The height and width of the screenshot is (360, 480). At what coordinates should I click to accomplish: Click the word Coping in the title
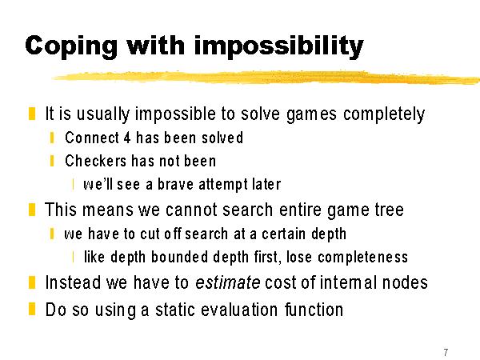click(71, 46)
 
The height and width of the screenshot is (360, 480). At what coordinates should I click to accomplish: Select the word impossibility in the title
click(278, 46)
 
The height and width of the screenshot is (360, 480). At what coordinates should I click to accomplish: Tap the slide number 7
click(446, 352)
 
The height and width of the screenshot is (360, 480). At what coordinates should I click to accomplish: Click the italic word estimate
click(228, 282)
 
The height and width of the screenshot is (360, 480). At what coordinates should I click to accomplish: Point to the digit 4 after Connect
click(127, 138)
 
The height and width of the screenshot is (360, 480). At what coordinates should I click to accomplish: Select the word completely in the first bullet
click(384, 114)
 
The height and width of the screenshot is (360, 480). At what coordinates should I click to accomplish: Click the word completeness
click(362, 257)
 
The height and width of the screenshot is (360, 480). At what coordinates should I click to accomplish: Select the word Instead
click(73, 282)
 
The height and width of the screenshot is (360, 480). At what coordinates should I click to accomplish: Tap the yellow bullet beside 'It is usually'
click(32, 114)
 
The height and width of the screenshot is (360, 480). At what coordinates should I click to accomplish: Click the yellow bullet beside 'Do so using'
click(32, 309)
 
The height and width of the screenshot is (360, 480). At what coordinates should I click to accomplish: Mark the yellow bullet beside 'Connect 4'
click(52, 138)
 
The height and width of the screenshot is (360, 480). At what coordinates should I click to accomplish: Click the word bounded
click(180, 257)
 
